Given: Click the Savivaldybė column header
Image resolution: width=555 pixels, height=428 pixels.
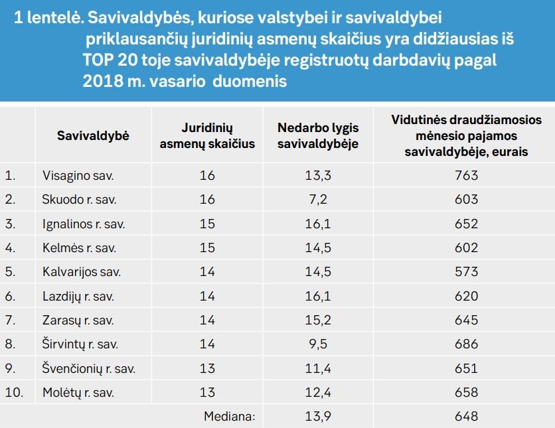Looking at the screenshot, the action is pyautogui.click(x=93, y=136).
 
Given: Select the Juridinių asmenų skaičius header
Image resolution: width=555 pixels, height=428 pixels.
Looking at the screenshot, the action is pyautogui.click(x=207, y=136).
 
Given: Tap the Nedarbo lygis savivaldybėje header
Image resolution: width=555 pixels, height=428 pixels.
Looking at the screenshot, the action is pyautogui.click(x=318, y=136).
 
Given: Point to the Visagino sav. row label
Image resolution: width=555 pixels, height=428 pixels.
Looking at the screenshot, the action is pyautogui.click(x=78, y=175).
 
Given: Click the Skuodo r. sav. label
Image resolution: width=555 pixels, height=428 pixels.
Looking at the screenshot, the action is pyautogui.click(x=79, y=200).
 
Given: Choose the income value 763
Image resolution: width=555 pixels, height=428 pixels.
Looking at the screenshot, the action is pyautogui.click(x=467, y=175).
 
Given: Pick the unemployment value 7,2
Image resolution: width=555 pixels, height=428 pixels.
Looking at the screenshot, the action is pyautogui.click(x=318, y=200).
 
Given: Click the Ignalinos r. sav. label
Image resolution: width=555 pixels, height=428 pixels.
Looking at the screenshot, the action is pyautogui.click(x=84, y=224).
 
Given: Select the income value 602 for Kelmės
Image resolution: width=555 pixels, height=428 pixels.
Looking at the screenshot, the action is pyautogui.click(x=467, y=248).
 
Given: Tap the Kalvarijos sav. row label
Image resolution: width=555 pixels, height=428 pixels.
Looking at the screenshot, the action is pyautogui.click(x=82, y=271).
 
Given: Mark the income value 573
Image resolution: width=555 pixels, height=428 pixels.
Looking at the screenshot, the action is pyautogui.click(x=467, y=271).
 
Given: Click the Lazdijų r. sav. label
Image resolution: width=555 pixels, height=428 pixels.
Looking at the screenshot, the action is pyautogui.click(x=78, y=296).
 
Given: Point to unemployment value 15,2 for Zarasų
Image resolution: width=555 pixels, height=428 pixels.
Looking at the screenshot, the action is pyautogui.click(x=318, y=320).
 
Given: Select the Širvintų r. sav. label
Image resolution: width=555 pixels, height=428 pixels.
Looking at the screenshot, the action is pyautogui.click(x=80, y=344).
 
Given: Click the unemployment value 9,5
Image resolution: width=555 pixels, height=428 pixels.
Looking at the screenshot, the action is pyautogui.click(x=318, y=344).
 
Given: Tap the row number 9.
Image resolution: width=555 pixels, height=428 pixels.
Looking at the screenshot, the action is pyautogui.click(x=10, y=368).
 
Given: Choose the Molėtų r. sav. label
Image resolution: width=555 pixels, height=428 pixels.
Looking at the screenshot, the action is pyautogui.click(x=78, y=392).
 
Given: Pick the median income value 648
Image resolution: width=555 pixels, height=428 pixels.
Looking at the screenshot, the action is pyautogui.click(x=467, y=416).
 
